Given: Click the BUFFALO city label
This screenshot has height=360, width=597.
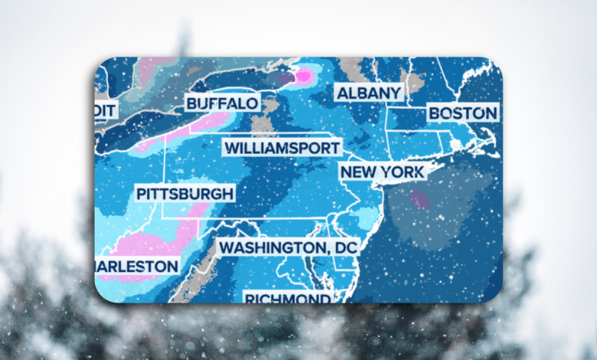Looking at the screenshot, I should click(222, 103).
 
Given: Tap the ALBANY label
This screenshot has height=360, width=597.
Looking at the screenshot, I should click(368, 93).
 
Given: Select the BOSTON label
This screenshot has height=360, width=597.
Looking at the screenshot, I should click(462, 113).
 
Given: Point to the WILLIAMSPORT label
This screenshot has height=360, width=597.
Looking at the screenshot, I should click(282, 147).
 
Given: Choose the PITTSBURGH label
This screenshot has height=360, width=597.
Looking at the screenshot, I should click(184, 193).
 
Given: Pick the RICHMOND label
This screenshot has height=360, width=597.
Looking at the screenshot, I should click(286, 297).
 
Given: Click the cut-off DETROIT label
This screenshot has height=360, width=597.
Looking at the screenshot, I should click(106, 110).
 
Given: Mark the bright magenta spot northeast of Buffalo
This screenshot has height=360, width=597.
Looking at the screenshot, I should click(304, 75).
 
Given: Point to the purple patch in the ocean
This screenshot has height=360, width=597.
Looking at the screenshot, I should click(419, 200).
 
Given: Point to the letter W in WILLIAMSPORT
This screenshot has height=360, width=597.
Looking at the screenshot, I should click(230, 147).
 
